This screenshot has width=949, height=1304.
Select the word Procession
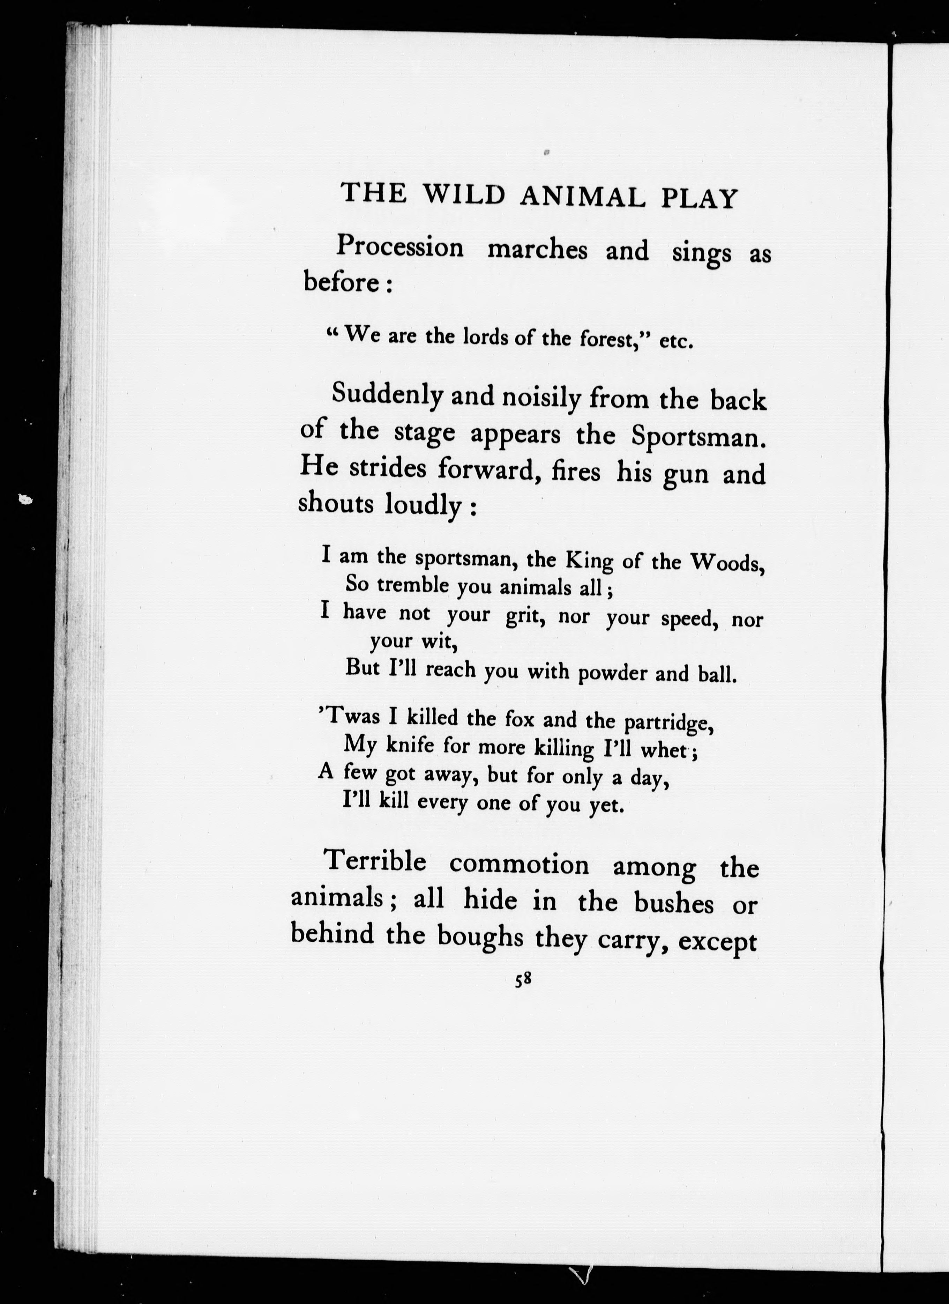pos(399,247)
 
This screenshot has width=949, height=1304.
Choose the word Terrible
pos(375,862)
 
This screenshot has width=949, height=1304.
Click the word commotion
pos(519,865)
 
